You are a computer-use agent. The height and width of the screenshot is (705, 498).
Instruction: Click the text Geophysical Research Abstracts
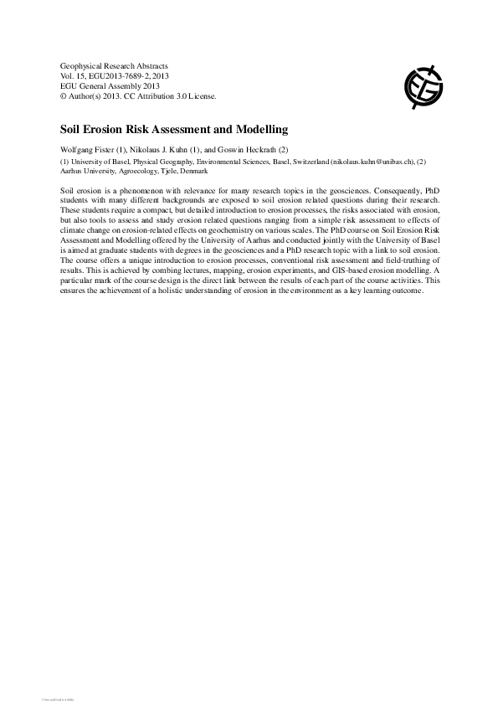114,65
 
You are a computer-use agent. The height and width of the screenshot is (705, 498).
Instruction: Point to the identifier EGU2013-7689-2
113,75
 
